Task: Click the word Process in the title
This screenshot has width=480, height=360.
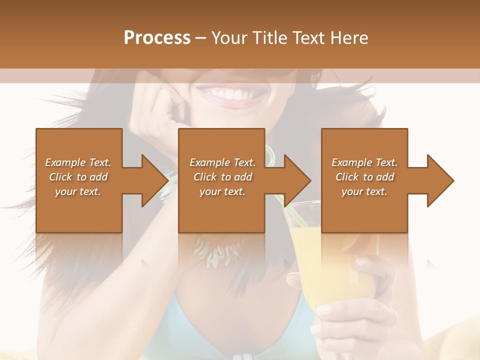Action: [157, 37]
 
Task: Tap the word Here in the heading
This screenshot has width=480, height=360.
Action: [348, 37]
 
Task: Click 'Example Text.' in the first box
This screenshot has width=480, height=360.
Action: [78, 162]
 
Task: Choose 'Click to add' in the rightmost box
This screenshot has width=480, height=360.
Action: [365, 177]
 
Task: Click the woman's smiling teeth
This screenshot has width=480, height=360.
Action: [230, 93]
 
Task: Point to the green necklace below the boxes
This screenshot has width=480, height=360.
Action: [220, 250]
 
